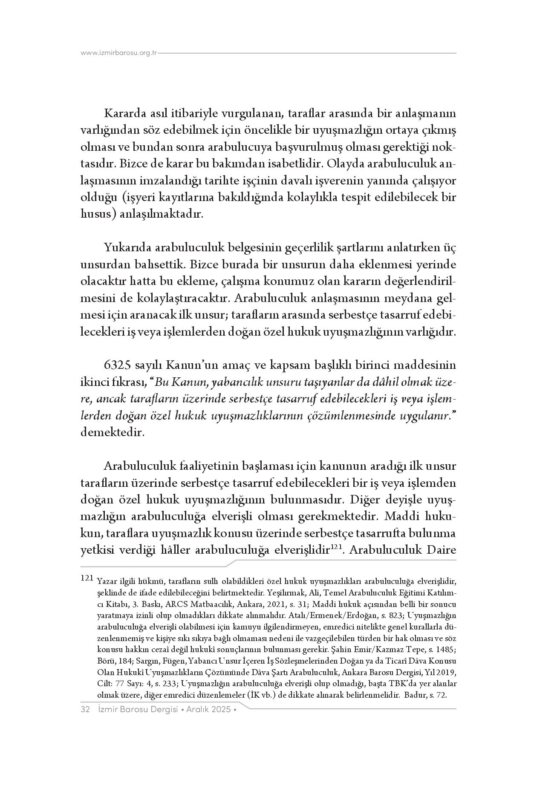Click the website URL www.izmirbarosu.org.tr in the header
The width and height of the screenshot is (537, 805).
click(x=119, y=53)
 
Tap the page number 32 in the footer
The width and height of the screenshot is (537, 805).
click(x=84, y=709)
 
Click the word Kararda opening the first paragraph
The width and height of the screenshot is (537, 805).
click(x=122, y=114)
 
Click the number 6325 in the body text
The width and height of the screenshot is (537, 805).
click(x=118, y=365)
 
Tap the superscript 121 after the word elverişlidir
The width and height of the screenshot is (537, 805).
click(x=338, y=546)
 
